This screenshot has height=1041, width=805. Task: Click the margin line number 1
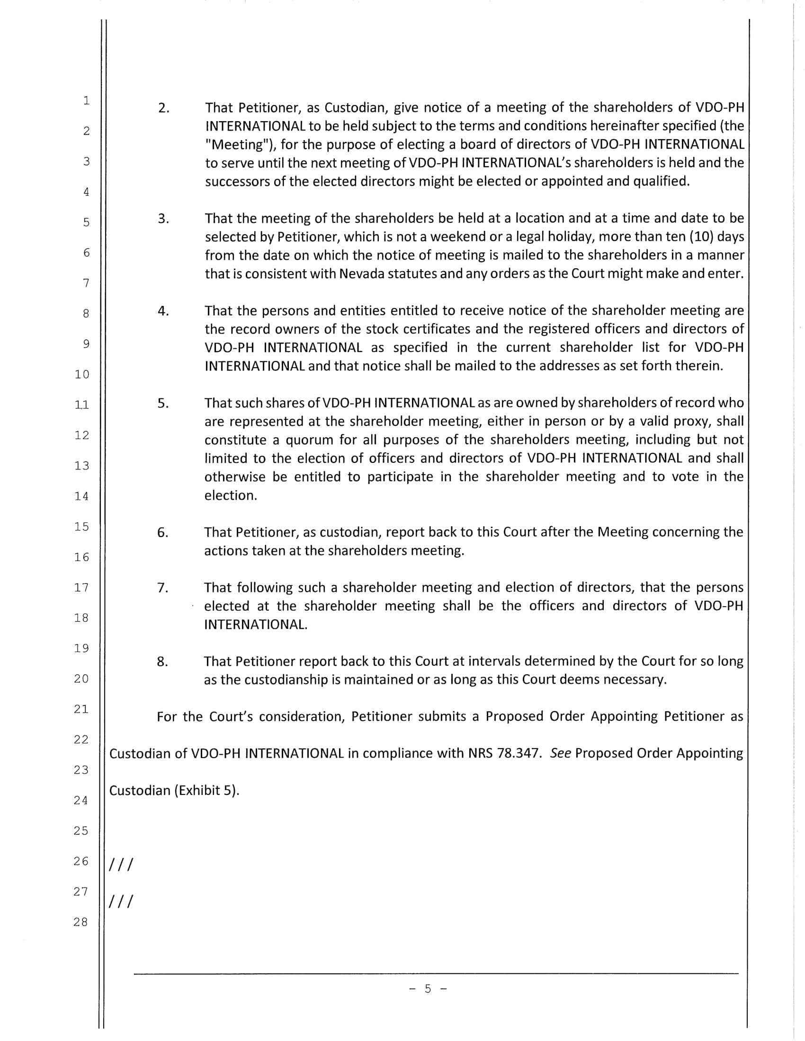(86, 100)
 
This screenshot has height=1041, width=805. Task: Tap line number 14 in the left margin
(81, 496)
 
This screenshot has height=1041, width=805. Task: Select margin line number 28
(81, 922)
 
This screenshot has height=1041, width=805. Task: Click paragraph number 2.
(163, 108)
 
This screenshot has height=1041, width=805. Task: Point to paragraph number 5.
(163, 403)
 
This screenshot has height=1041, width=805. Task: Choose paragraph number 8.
(162, 662)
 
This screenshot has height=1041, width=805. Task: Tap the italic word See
(560, 753)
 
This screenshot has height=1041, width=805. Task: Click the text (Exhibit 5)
(206, 790)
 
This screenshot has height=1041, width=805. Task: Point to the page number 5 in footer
(428, 988)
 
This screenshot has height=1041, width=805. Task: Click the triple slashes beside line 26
(121, 864)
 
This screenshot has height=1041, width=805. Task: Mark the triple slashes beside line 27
(121, 901)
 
